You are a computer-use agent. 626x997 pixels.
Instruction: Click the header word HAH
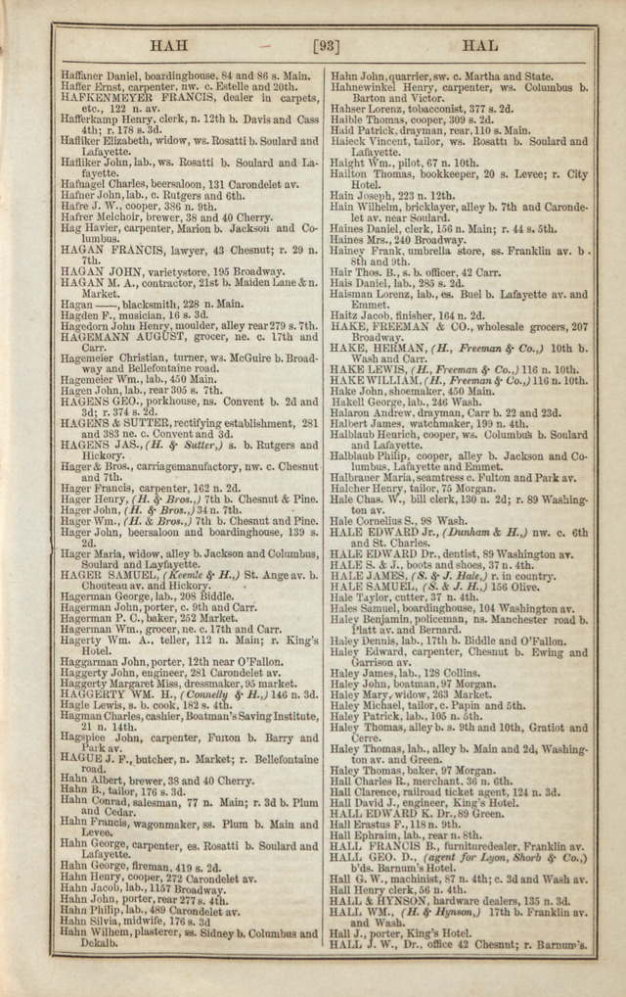[170, 45]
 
